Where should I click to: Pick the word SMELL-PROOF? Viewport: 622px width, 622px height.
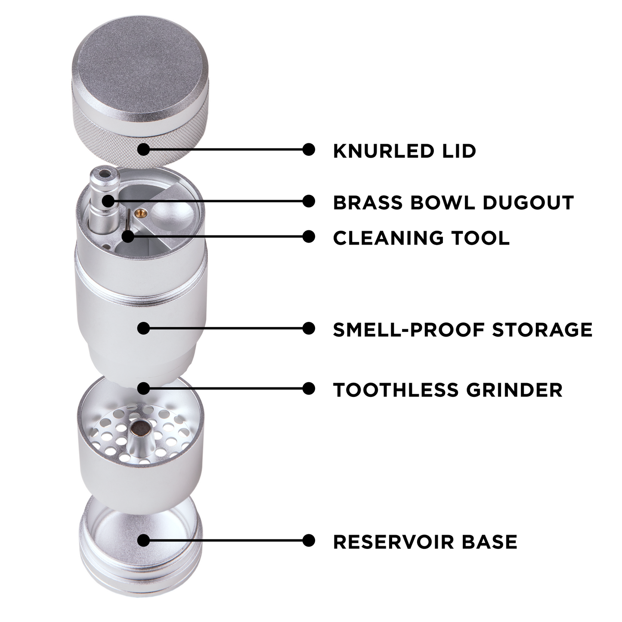(x=409, y=329)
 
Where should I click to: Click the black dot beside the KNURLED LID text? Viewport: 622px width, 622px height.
(x=308, y=149)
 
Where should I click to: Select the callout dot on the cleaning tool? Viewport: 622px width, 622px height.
(x=127, y=236)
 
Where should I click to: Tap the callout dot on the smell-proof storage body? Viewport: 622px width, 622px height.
(x=143, y=328)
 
